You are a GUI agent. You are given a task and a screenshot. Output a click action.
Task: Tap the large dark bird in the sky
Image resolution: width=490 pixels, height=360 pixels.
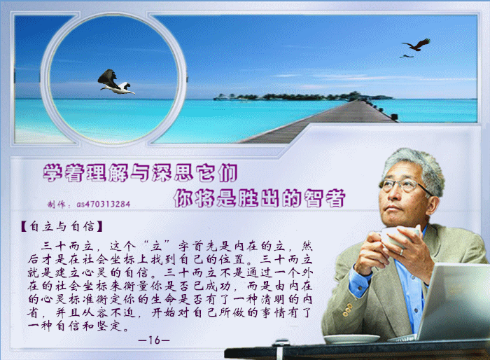(417, 45)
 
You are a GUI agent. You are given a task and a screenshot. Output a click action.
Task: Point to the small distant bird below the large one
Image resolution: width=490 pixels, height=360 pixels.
(406, 56)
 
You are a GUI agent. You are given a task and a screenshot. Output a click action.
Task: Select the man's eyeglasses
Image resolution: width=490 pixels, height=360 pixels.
(404, 186)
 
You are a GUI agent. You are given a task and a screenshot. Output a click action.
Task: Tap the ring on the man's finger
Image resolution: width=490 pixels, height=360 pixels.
(402, 251)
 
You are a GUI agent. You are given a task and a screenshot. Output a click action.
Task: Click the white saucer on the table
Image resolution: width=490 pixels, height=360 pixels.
(351, 338)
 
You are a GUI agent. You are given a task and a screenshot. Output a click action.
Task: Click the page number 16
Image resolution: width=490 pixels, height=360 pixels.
(154, 340)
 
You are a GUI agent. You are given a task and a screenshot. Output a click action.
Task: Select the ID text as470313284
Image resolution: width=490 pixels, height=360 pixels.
(103, 205)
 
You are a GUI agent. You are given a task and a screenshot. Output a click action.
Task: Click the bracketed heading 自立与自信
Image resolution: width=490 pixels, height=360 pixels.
(62, 226)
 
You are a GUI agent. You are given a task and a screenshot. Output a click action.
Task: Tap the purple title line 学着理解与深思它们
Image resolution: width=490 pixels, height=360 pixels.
(140, 172)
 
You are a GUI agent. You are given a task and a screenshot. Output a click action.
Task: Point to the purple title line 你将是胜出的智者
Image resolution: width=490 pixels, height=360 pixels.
(259, 198)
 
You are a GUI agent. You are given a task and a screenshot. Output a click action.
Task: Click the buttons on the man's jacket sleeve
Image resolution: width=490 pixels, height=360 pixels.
(346, 310)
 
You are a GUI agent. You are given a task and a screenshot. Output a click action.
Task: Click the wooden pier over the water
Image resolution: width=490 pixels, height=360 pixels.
(318, 122)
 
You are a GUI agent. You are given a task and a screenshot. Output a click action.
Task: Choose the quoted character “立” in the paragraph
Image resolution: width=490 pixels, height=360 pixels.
(155, 247)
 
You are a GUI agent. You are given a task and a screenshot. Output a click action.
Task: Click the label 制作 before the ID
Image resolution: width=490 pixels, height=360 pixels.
(56, 205)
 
